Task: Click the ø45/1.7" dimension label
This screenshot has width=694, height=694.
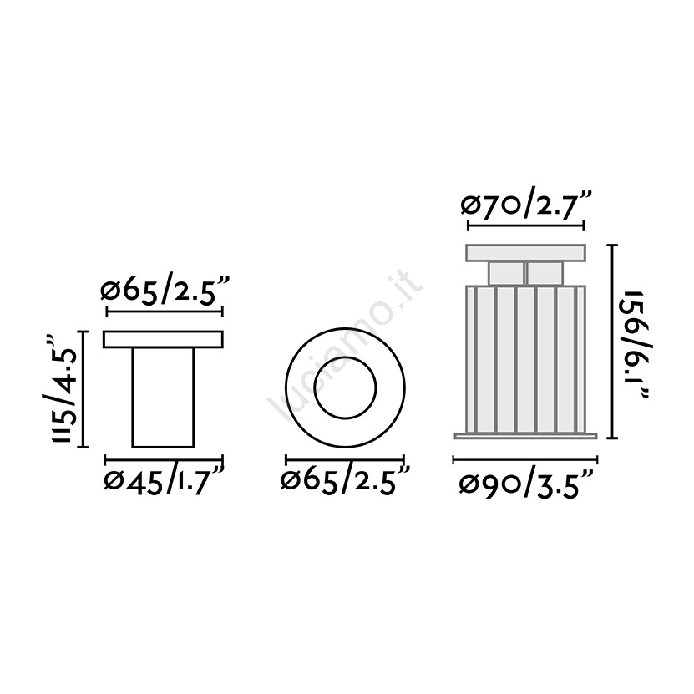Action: [x=164, y=482]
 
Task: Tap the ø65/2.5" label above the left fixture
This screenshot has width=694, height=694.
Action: [x=164, y=292]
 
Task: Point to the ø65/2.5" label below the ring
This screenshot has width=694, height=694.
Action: [x=345, y=482]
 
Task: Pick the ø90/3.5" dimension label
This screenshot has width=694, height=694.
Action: [x=526, y=484]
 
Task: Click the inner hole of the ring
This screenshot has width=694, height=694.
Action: [x=345, y=388]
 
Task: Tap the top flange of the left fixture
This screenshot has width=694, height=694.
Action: [x=164, y=340]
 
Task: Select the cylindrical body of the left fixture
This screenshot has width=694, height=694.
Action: [x=164, y=397]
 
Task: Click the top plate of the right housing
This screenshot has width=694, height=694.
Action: [x=526, y=253]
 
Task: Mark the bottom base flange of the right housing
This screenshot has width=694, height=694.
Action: [x=526, y=434]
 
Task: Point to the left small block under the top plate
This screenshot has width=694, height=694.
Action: [x=506, y=273]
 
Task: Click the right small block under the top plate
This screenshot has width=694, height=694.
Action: [x=545, y=273]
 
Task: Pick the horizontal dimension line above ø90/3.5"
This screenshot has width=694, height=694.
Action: [x=526, y=459]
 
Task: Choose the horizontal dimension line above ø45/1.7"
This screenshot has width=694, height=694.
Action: [x=164, y=459]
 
